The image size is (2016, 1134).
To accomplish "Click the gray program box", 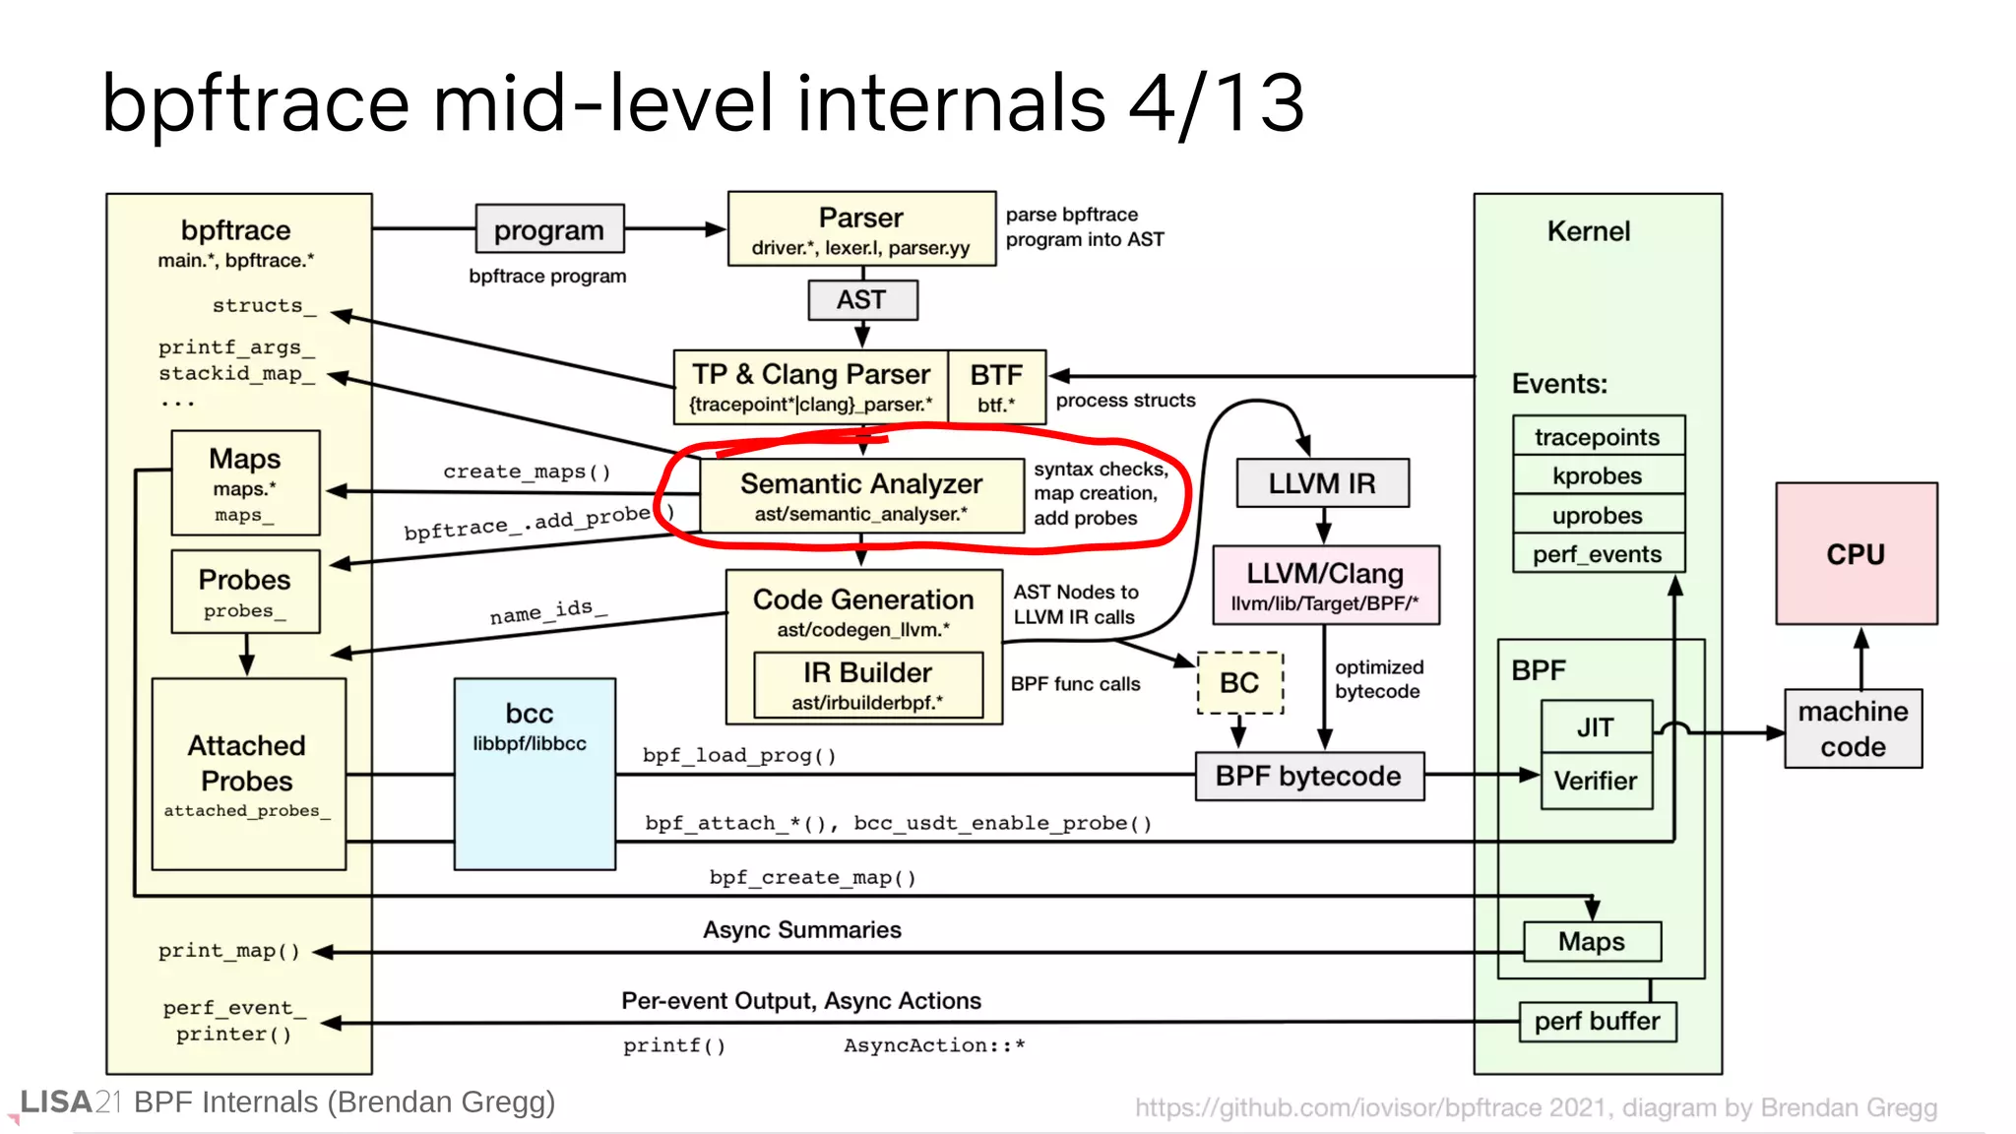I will point(549,229).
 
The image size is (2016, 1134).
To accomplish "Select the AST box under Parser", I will point(862,299).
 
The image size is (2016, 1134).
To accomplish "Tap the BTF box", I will point(996,387).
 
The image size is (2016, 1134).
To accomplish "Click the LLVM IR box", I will point(1322,483).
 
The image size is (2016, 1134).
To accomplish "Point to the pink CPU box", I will point(1856,553).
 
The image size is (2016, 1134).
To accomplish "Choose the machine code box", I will point(1853,728).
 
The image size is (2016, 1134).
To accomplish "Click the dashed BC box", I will point(1239,682).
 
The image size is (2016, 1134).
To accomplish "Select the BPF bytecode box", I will point(1308,776).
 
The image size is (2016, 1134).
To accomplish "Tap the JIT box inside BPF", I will point(1596,726).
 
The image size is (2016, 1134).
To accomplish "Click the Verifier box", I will point(1596,781).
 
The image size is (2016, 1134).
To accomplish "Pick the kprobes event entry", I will point(1598,475).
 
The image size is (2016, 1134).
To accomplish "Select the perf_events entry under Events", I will point(1598,554).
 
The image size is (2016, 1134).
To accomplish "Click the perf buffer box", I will point(1597,1021).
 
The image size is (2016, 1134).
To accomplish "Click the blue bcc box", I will point(535,774).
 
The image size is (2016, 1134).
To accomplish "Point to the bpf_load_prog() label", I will point(739,755).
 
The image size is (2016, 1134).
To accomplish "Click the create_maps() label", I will point(527,472).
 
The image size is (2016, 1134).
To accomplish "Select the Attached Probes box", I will point(248,774).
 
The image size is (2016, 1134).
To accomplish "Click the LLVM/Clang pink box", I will point(1325,585).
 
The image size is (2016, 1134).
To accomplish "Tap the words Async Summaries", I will point(801,929).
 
